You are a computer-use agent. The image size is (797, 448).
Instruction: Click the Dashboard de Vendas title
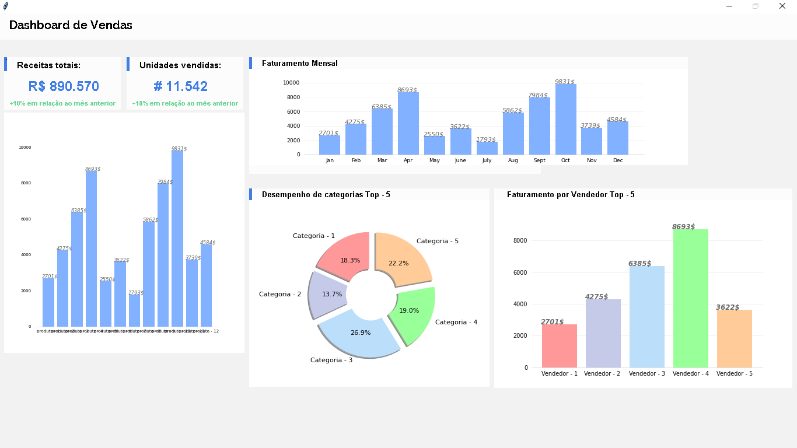(x=71, y=25)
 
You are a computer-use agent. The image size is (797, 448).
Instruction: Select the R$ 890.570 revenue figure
(x=64, y=86)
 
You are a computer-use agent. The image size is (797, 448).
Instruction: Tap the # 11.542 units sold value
(x=181, y=86)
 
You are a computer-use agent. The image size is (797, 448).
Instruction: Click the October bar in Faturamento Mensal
(x=565, y=120)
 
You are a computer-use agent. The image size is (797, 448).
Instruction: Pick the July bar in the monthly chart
(x=487, y=148)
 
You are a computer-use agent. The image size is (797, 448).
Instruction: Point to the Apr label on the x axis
(x=408, y=160)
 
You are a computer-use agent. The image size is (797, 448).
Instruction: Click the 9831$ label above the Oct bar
(x=564, y=82)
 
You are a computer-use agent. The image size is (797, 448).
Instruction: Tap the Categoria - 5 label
(x=438, y=241)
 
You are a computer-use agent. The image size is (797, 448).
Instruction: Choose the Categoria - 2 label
(x=280, y=294)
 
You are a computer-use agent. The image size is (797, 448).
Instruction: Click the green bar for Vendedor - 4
(x=690, y=297)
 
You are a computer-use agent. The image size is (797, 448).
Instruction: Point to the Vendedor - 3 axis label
(x=646, y=373)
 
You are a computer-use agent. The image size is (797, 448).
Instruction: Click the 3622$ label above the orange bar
(x=728, y=307)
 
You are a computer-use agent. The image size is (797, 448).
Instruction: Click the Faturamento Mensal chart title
(x=299, y=63)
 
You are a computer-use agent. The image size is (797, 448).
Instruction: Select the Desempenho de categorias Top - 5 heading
(x=326, y=194)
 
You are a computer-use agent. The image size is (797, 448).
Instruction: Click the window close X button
(x=782, y=6)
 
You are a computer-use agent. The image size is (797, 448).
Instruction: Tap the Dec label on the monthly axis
(x=618, y=160)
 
